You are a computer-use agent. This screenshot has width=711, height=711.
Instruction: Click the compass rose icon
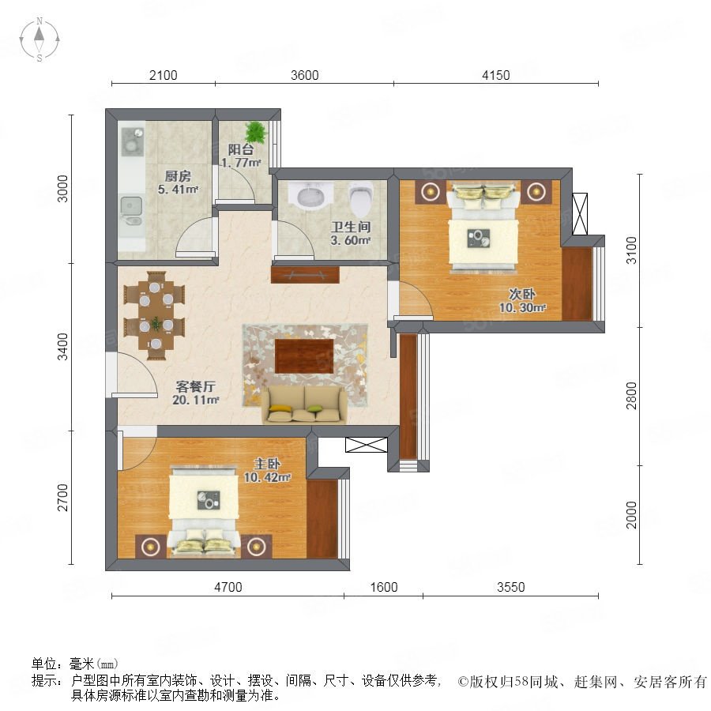point(39,39)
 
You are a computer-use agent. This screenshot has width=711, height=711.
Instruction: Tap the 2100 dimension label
point(164,75)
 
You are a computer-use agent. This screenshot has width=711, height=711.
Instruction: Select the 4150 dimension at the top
point(495,75)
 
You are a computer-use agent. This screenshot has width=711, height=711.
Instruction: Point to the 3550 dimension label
point(510,587)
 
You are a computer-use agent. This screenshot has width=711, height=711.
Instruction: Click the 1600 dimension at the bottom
point(384,587)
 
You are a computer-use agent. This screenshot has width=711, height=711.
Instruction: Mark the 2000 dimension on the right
point(631,514)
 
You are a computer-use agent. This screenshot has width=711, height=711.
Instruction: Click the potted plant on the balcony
point(256,132)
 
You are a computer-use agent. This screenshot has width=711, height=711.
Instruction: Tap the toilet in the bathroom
point(361,198)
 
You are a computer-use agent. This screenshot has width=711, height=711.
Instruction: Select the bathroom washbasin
point(310,195)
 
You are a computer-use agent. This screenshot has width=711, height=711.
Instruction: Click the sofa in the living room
point(304,405)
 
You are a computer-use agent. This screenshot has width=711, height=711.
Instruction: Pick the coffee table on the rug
point(304,356)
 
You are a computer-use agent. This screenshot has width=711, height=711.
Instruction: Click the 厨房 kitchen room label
point(178,176)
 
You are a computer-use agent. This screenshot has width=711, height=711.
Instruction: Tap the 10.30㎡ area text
point(522,307)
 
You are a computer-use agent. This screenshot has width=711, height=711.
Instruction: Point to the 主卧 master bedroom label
point(267,464)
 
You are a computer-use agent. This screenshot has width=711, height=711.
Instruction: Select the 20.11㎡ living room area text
point(195,400)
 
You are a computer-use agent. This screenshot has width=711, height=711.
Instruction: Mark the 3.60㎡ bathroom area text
point(351,240)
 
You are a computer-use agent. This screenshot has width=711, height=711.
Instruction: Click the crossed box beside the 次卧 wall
point(580,214)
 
